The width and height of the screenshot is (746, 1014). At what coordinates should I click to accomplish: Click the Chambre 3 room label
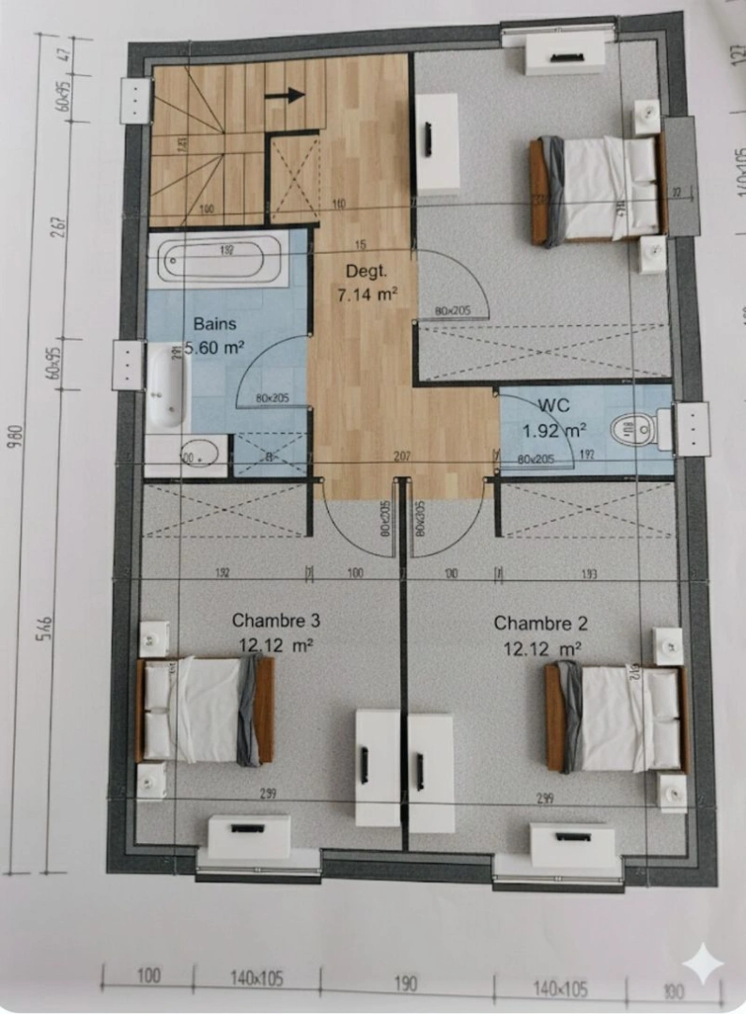point(275,621)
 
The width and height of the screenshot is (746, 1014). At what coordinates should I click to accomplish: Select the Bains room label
point(215,324)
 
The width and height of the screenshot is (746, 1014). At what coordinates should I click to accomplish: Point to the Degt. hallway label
point(365,271)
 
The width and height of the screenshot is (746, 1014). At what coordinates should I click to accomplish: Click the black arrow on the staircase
point(286,94)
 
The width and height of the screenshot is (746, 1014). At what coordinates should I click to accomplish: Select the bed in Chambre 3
point(206,710)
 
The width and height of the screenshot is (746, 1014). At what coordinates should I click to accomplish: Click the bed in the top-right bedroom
point(596,189)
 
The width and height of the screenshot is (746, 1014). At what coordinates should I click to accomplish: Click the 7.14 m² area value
point(366,294)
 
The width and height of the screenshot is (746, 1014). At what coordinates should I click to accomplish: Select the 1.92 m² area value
point(554,431)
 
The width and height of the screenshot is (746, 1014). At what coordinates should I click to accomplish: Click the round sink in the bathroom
point(201,455)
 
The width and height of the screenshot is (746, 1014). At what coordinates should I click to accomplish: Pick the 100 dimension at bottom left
point(148,976)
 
